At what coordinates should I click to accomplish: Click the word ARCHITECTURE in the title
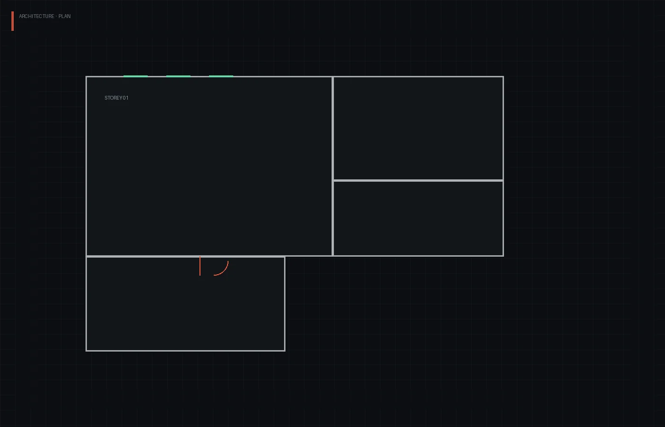[37, 16]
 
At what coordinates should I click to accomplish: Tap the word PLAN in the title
[65, 16]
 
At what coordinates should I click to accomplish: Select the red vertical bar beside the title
[12, 21]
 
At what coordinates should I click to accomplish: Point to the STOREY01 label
[116, 98]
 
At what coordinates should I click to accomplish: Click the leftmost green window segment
[135, 76]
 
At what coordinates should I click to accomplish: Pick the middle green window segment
[178, 76]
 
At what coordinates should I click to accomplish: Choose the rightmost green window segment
[221, 76]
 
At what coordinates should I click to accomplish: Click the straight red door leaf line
[200, 266]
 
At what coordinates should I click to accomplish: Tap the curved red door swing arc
[224, 271]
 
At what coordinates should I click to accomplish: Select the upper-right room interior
[418, 128]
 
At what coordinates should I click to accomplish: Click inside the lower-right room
[418, 218]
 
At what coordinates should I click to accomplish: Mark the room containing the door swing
[185, 304]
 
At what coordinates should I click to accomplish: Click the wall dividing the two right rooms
[418, 180]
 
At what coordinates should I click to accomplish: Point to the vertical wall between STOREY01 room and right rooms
[332, 166]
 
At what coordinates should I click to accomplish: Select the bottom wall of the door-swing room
[185, 351]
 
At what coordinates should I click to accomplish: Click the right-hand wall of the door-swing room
[285, 304]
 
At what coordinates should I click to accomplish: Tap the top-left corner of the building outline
[86, 76]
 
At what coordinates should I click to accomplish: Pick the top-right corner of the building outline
[503, 76]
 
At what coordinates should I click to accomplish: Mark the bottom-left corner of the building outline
[86, 351]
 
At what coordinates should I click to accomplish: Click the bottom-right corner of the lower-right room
[503, 256]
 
